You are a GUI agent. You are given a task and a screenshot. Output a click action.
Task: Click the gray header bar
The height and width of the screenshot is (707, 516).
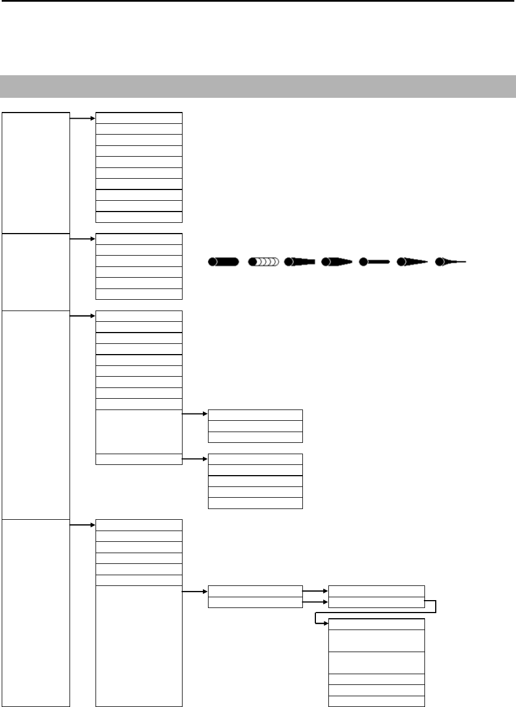[258, 86]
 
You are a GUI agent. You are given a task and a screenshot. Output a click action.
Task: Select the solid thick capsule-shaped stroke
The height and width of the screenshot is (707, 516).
[223, 262]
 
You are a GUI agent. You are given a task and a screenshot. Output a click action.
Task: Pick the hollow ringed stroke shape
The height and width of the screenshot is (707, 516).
[264, 262]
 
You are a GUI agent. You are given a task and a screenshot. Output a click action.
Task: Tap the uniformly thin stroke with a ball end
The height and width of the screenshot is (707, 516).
[376, 262]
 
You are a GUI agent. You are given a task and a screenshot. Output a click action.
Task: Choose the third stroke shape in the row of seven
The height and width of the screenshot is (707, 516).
[300, 262]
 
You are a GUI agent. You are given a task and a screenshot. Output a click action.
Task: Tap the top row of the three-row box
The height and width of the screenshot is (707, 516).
[255, 415]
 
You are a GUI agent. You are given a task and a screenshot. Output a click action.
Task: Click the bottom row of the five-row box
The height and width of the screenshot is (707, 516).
[255, 503]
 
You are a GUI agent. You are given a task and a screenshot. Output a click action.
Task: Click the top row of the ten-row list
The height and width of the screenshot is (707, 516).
[139, 117]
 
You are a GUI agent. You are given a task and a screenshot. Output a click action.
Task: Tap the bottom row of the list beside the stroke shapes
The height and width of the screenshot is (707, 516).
[139, 294]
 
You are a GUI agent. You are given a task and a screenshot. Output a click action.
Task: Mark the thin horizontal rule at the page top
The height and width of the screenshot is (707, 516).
[258, 1]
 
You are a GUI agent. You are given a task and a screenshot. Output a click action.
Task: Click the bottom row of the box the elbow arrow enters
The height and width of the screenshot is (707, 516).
[376, 701]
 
